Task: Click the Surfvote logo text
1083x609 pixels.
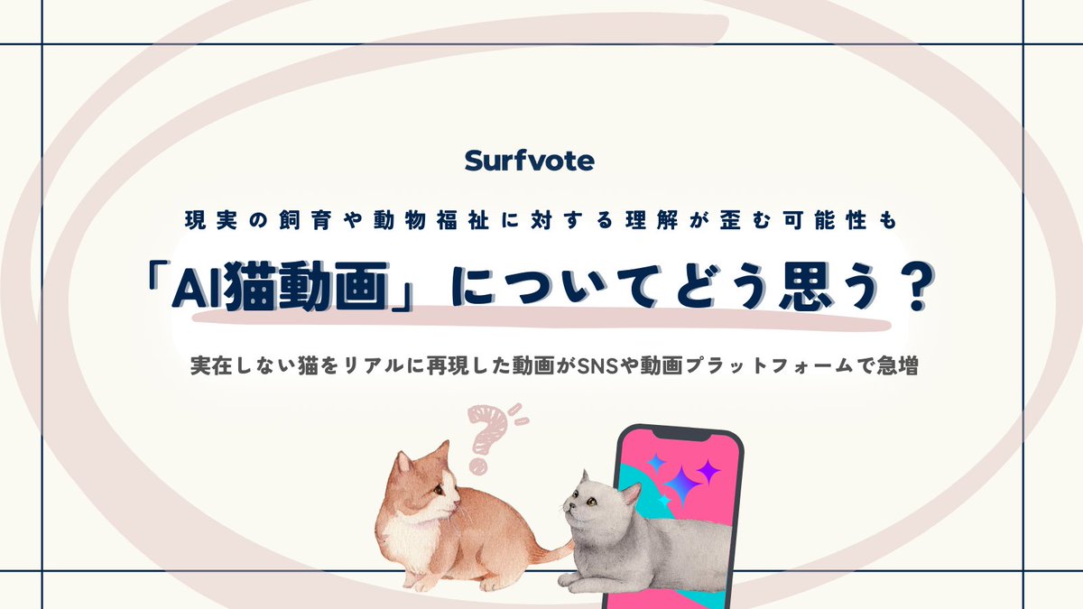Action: pyautogui.click(x=530, y=161)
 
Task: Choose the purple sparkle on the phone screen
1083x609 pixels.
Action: pyautogui.click(x=708, y=471)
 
